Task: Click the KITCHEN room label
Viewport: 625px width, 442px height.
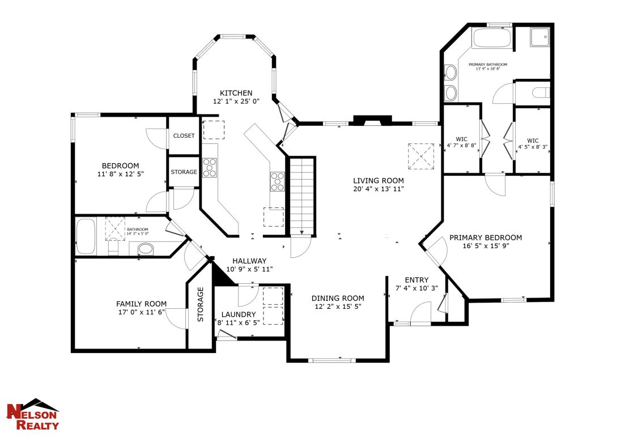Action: point(236,93)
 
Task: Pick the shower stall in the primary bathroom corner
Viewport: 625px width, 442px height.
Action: point(541,37)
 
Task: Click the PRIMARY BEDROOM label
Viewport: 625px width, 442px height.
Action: point(485,237)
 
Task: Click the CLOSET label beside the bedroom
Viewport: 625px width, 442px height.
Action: point(184,136)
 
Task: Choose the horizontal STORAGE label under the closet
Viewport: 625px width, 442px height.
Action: point(184,172)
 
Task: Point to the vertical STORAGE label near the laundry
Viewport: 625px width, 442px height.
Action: point(200,304)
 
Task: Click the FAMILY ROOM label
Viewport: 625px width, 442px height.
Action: point(141,304)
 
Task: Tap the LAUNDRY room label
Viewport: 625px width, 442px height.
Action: point(238,314)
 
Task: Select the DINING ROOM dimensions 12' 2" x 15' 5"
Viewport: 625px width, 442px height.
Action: point(338,306)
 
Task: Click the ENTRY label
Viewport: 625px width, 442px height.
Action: point(416,280)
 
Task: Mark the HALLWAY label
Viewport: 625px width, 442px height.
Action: point(249,261)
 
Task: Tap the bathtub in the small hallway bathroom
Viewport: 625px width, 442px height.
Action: point(87,237)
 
